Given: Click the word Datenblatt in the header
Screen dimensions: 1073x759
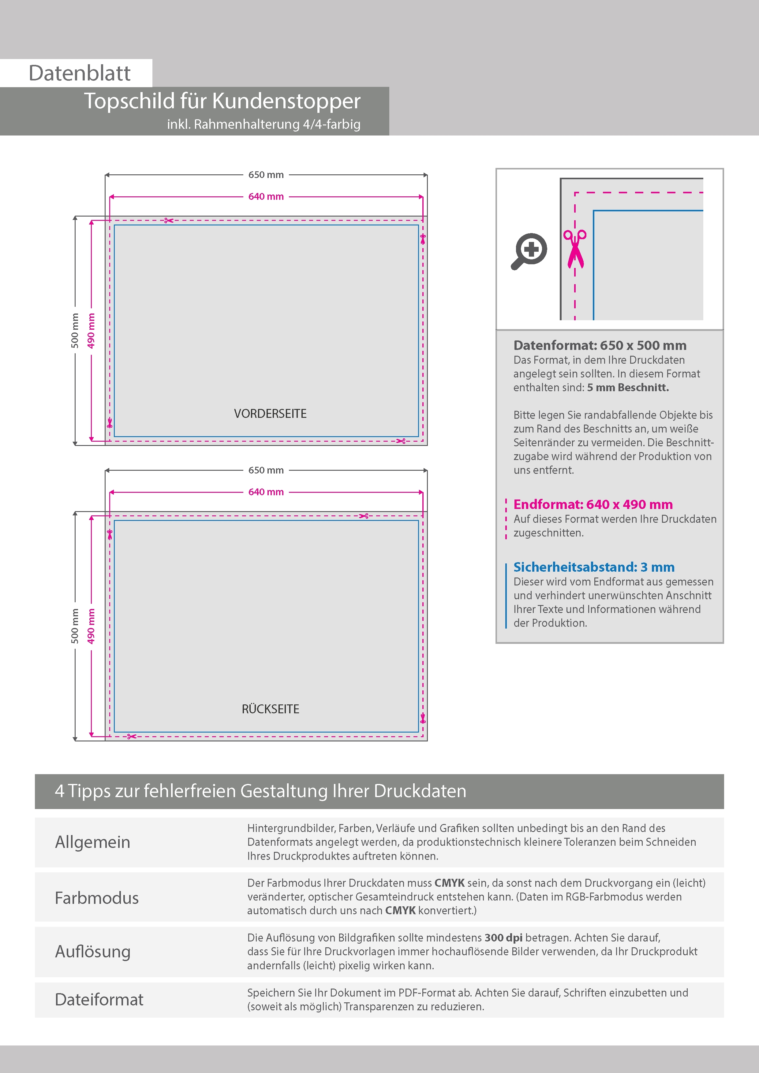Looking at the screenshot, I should coord(80,73).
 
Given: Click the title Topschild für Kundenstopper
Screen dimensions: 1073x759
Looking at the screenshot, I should coord(222,101).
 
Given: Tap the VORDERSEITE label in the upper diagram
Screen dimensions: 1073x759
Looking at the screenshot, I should coord(270,414).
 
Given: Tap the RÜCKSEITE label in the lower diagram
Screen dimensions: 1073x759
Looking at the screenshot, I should coord(270,709).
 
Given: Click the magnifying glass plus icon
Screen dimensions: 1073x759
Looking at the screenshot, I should coord(530,251).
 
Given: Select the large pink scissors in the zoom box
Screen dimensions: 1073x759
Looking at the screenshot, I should coord(575,249).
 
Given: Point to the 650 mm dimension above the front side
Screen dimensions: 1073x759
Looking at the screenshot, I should coord(266,175).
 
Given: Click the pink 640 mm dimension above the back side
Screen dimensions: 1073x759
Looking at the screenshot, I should coord(266,492).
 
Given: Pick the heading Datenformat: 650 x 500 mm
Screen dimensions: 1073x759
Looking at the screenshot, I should coord(600,345).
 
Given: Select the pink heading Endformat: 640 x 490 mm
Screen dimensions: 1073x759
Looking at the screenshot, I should coord(593,504).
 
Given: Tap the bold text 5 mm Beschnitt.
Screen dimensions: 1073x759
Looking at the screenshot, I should coord(628,388).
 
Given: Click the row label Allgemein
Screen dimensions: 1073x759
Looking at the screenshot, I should coord(93,842).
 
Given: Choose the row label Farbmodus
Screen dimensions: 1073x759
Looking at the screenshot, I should coord(97,898).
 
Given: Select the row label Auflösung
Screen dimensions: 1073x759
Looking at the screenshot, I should coord(93,952).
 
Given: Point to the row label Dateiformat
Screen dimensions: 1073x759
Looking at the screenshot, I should coord(99,1000).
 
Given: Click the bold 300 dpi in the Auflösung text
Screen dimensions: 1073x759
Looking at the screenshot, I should coord(503,937).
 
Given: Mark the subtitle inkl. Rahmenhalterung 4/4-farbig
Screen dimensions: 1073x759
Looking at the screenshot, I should coord(263,124).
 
